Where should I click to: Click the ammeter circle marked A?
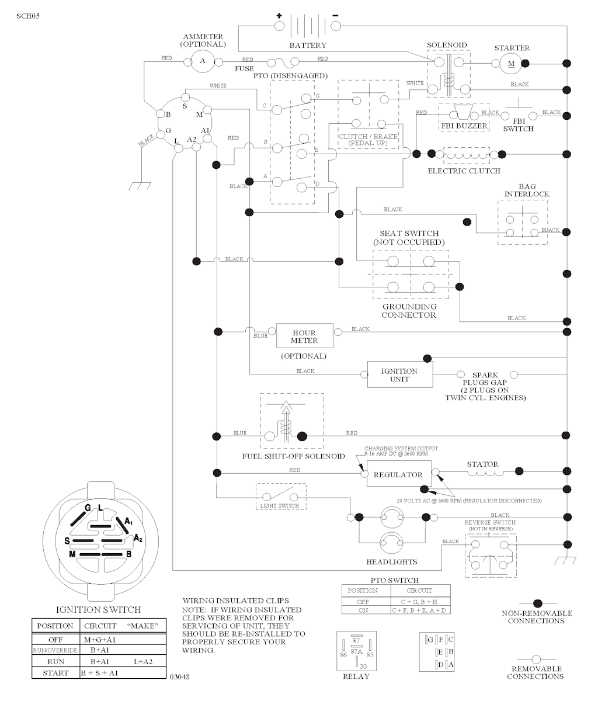[x=203, y=61]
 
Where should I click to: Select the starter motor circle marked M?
[x=511, y=63]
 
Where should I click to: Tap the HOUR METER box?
[x=304, y=337]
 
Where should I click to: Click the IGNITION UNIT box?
[x=399, y=374]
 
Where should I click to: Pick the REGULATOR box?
[x=398, y=475]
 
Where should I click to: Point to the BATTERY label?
[x=308, y=45]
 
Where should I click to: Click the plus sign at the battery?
[x=279, y=16]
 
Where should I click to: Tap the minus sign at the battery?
[x=335, y=16]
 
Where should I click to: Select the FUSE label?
[x=244, y=68]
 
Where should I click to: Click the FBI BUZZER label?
[x=464, y=126]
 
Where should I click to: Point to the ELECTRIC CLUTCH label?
[x=464, y=171]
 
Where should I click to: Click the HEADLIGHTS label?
[x=392, y=562]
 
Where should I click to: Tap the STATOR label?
[x=482, y=464]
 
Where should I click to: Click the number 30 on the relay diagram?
[x=364, y=667]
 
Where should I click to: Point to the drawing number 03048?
[x=179, y=677]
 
